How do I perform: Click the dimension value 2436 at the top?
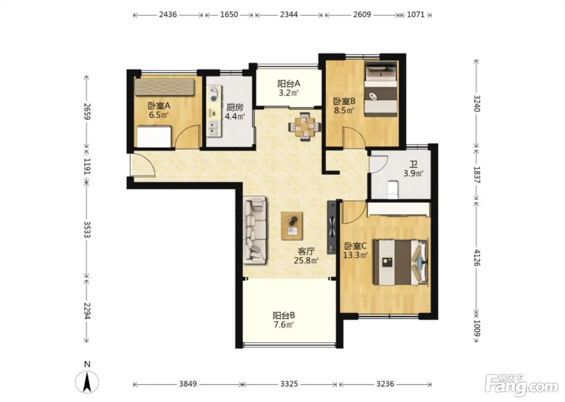(168, 15)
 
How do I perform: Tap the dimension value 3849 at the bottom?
(188, 383)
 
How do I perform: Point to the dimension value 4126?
(477, 258)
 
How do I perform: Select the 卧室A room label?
(159, 106)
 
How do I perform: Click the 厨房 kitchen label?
(234, 107)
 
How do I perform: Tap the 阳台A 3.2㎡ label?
(289, 88)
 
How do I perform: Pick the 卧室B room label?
(344, 101)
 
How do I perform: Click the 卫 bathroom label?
(413, 165)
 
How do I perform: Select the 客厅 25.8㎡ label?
(306, 256)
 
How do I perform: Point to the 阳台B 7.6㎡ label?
(284, 320)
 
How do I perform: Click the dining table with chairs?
(305, 126)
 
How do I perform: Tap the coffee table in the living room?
(292, 226)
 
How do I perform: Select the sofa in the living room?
(255, 230)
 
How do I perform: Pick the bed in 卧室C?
(400, 262)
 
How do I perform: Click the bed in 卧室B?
(381, 89)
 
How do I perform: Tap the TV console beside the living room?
(332, 227)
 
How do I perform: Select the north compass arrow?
(87, 382)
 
